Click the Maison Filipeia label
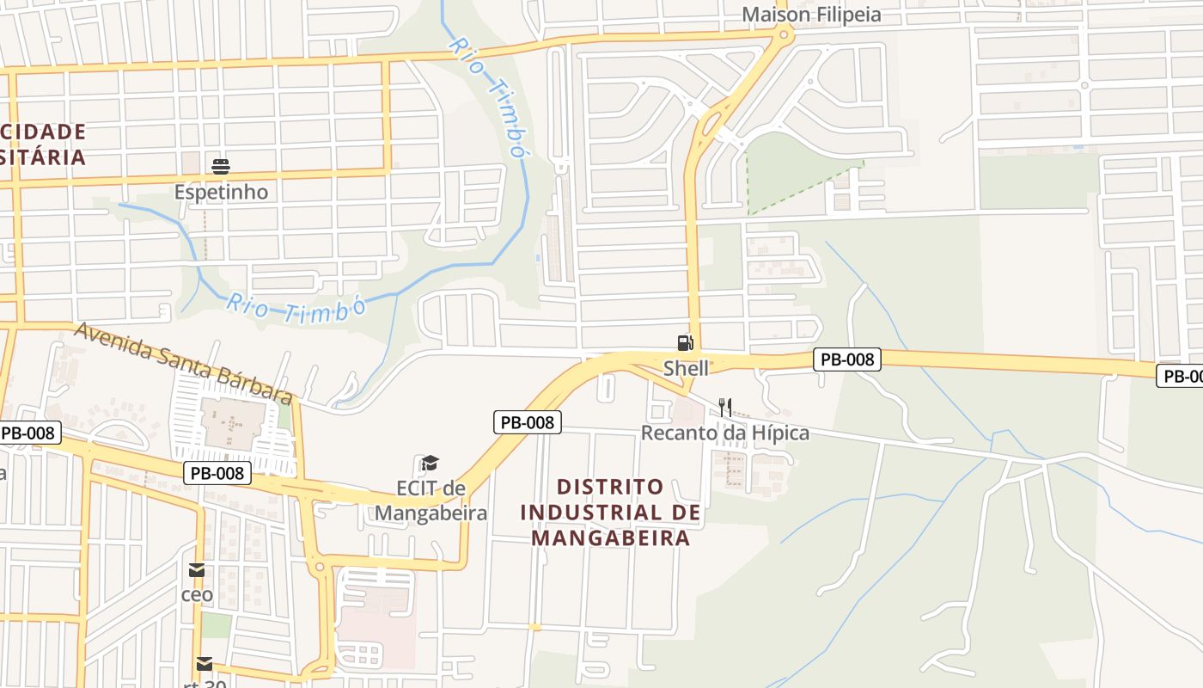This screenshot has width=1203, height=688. tap(811, 15)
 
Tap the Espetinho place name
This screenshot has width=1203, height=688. tap(221, 192)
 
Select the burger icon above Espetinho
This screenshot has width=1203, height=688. tap(221, 166)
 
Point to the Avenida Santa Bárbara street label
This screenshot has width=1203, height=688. tap(183, 362)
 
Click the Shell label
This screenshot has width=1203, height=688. tap(687, 368)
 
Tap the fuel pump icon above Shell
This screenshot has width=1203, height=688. tap(685, 343)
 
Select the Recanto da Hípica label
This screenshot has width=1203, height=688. tap(725, 433)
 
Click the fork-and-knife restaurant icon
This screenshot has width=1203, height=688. tap(725, 408)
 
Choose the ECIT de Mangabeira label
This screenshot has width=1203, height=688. tap(431, 501)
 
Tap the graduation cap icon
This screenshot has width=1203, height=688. tap(430, 464)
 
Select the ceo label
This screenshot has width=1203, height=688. tap(197, 594)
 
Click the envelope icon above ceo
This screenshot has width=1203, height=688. tap(197, 569)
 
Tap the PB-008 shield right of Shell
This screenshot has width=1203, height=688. tap(847, 359)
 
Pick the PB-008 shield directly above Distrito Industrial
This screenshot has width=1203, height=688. tap(528, 422)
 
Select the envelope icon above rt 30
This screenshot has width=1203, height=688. tap(204, 663)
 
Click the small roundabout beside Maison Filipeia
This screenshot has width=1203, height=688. tap(783, 35)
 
